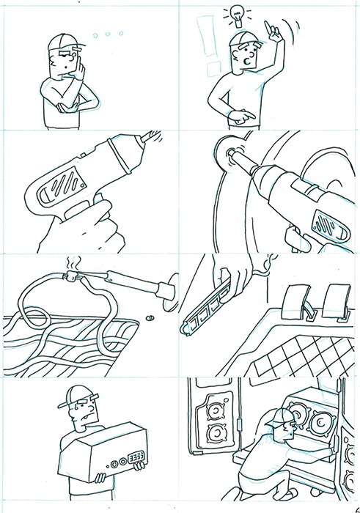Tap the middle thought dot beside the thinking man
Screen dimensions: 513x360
(x=108, y=33)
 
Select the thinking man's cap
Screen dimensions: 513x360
(x=60, y=44)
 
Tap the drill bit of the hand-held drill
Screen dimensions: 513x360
(x=153, y=136)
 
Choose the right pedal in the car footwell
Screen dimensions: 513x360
(x=337, y=300)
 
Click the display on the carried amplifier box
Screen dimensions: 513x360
(x=136, y=457)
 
